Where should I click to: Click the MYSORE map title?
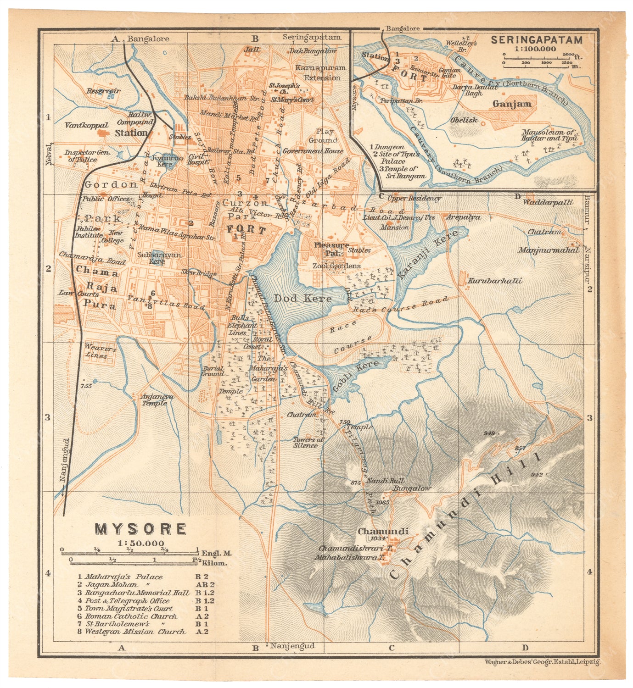pyautogui.click(x=140, y=529)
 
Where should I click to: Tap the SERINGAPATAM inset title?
pyautogui.click(x=536, y=40)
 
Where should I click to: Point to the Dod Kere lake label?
pyautogui.click(x=302, y=298)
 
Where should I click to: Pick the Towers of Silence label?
pyautogui.click(x=308, y=442)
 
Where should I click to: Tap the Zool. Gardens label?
pyautogui.click(x=336, y=266)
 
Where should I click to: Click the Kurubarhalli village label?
pyautogui.click(x=494, y=281)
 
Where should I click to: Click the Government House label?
pyautogui.click(x=313, y=151)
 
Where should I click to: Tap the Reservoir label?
pyautogui.click(x=103, y=91)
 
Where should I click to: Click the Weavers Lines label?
pyautogui.click(x=100, y=352)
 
